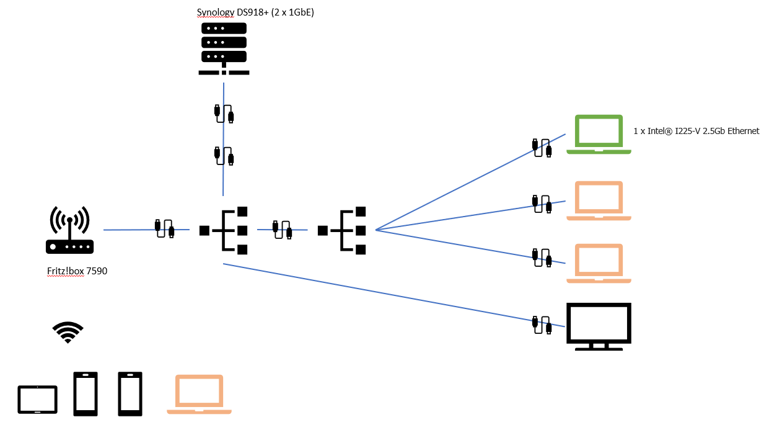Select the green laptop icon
(599, 134)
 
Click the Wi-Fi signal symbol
(68, 332)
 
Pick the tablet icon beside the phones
(37, 400)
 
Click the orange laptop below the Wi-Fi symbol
(199, 394)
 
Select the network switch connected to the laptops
(342, 230)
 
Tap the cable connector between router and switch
(164, 228)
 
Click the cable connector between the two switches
(283, 229)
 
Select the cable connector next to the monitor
(542, 325)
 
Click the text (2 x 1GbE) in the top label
(292, 12)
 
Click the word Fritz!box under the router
(64, 271)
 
